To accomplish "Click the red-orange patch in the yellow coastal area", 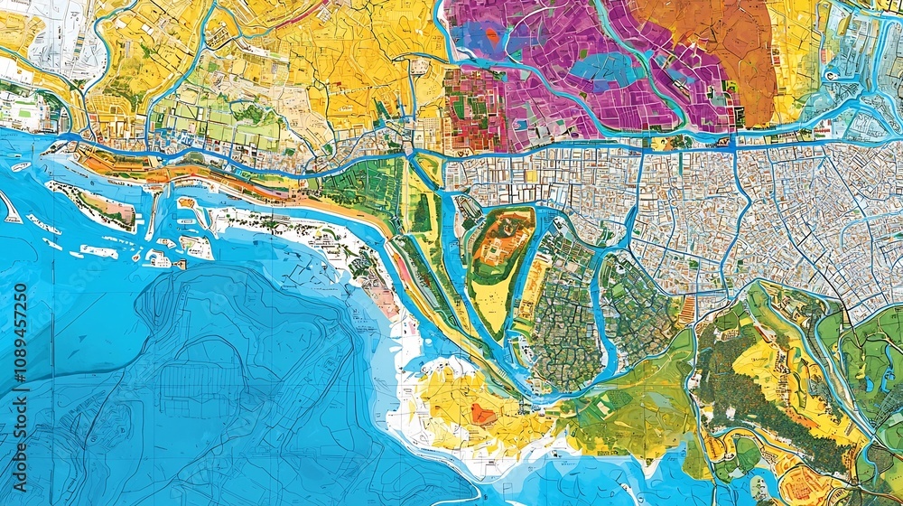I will [x=485, y=414].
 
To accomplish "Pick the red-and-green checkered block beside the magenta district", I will [x=474, y=108].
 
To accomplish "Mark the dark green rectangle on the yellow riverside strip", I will [x=422, y=212].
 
